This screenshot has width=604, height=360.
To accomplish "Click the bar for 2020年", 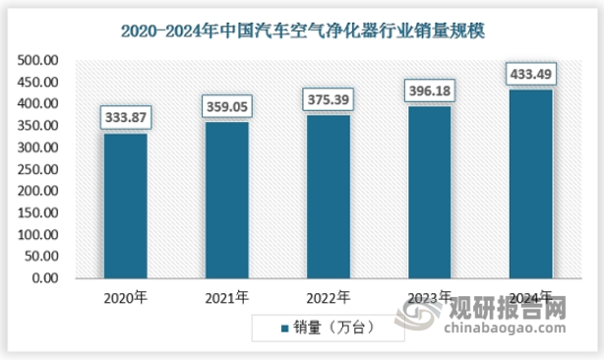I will pos(125,206).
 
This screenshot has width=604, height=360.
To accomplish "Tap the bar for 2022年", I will pos(329,197).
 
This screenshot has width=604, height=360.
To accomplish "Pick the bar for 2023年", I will pos(430,192).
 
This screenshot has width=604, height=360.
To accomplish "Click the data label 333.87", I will pos(125,117).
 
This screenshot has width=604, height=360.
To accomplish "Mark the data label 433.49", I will pos(531,74).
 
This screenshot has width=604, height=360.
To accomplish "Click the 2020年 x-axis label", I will pos(125,297).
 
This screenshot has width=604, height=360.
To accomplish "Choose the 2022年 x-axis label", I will pos(329,297).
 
